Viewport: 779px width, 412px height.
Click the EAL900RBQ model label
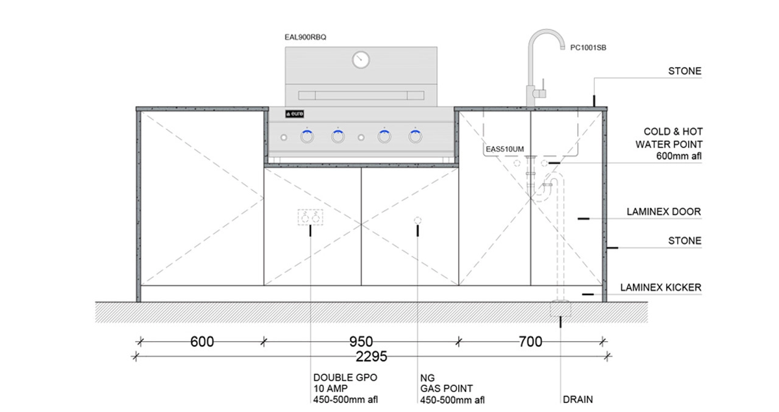pos(305,37)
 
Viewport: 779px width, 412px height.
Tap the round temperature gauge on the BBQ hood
pos(361,60)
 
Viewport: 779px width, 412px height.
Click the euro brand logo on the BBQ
pos(295,114)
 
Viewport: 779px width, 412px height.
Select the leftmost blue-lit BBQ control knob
pos(307,136)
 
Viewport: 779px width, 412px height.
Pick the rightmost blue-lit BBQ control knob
pos(415,136)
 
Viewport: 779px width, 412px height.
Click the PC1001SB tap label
pos(588,47)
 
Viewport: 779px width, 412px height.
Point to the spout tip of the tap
pos(562,47)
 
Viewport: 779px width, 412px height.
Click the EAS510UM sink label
pos(504,149)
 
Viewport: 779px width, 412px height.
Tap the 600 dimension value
pos(202,342)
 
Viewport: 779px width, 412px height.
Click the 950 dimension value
pos(361,342)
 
